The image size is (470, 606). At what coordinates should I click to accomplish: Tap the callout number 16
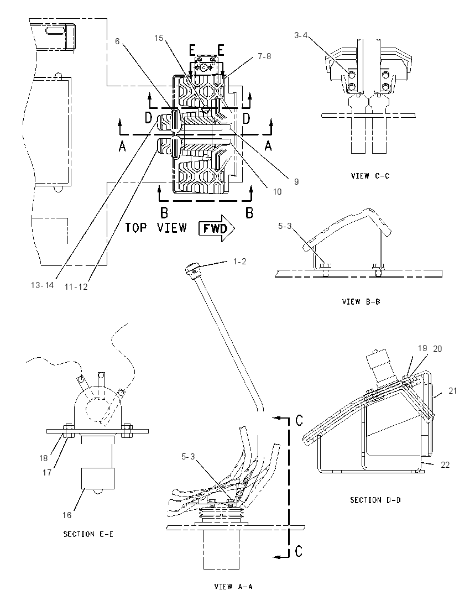pyautogui.click(x=67, y=515)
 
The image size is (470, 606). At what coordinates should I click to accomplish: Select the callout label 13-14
pyautogui.click(x=43, y=285)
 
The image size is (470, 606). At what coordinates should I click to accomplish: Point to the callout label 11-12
pyautogui.click(x=76, y=287)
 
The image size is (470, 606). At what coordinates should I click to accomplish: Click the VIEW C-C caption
pyautogui.click(x=370, y=176)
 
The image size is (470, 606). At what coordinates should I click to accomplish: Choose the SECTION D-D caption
pyautogui.click(x=375, y=500)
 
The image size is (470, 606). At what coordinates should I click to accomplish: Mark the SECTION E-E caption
pyautogui.click(x=88, y=534)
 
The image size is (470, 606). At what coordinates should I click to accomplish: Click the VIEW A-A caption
pyautogui.click(x=233, y=586)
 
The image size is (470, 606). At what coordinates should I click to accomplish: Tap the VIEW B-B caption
pyautogui.click(x=361, y=301)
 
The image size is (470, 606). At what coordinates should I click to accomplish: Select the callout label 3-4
pyautogui.click(x=301, y=35)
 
